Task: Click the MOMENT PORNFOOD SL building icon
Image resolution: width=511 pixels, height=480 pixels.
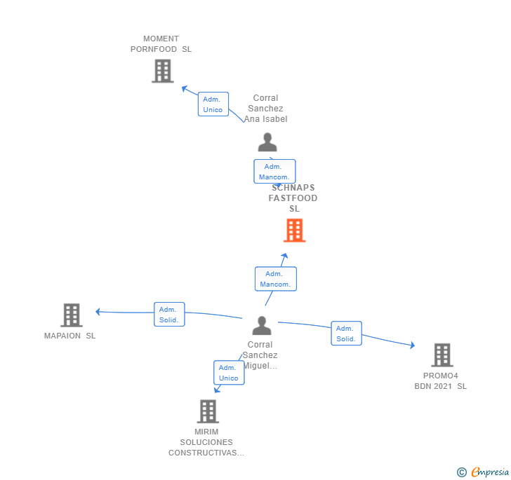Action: click(162, 71)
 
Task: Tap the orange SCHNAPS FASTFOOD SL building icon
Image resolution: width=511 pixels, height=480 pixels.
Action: click(294, 230)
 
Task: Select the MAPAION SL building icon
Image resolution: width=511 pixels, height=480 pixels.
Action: click(71, 315)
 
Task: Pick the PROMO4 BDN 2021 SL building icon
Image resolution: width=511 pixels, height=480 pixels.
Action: click(442, 355)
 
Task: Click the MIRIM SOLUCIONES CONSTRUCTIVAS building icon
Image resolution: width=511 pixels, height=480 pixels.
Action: click(208, 411)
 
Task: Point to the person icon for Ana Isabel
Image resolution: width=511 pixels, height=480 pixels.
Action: click(267, 142)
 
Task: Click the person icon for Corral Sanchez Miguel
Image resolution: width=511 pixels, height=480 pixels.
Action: click(262, 326)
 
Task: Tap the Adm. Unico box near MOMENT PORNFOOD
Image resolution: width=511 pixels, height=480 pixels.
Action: click(213, 104)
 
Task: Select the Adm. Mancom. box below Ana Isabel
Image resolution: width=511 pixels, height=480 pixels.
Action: click(274, 172)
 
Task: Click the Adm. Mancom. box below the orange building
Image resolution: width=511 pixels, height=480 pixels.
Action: click(275, 279)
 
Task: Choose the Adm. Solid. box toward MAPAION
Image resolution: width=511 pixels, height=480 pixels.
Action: click(169, 315)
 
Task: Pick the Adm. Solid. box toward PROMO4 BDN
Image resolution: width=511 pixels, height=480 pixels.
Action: click(346, 334)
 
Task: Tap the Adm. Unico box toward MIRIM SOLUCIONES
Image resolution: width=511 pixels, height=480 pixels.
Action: click(229, 373)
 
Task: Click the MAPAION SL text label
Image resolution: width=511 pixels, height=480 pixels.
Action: click(69, 336)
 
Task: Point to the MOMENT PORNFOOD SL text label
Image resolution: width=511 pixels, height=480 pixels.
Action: click(161, 44)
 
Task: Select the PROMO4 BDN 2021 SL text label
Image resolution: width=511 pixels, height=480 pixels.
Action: click(441, 381)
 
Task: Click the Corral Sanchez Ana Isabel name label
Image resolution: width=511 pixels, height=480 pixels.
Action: click(266, 109)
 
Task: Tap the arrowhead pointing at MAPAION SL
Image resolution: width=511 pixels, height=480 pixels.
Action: click(98, 312)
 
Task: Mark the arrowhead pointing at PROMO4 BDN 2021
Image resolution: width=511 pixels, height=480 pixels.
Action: click(412, 345)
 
